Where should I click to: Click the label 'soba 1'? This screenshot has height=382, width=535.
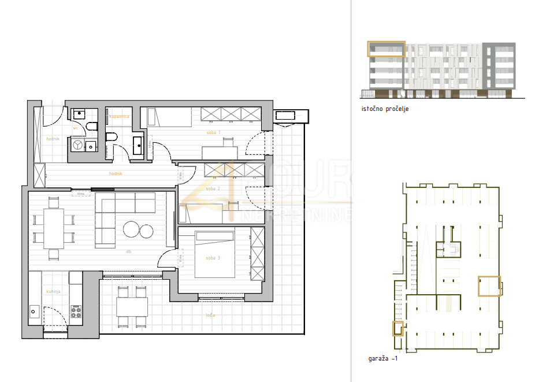tap(214, 133)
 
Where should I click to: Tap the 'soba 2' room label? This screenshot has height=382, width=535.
tap(213, 188)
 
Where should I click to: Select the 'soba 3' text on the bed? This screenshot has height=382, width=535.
tap(213, 258)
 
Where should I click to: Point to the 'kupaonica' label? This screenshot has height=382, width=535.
tap(119, 116)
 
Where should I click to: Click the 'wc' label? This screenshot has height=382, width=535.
tap(75, 128)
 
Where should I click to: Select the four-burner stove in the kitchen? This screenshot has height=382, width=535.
tap(76, 312)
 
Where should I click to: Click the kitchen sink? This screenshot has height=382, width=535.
tap(34, 312)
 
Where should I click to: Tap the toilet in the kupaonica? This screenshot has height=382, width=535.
tap(112, 137)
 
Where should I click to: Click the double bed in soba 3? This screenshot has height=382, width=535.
tap(214, 254)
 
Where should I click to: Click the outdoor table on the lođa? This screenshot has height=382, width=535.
tap(132, 306)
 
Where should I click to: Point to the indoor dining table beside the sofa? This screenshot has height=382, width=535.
tap(54, 228)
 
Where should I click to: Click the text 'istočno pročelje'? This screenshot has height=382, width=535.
tap(385, 109)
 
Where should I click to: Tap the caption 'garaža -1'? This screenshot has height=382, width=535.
tap(382, 359)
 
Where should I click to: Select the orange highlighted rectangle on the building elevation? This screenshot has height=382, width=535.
tap(387, 49)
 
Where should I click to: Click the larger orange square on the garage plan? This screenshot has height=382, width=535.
tap(488, 286)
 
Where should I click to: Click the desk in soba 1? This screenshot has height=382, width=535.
tap(223, 151)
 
